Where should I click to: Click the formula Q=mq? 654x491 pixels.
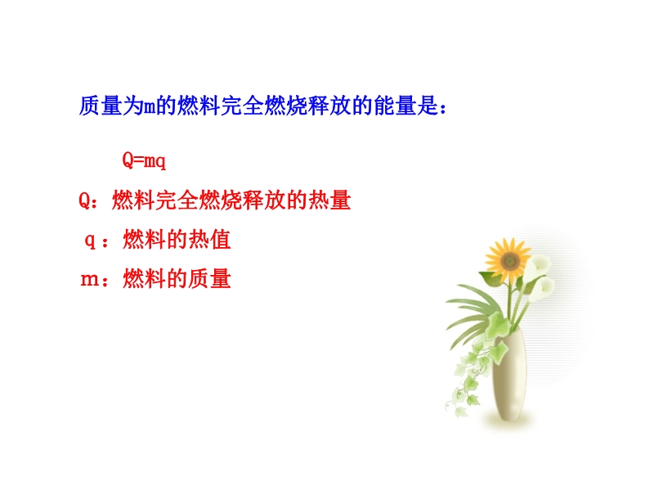tap(144, 160)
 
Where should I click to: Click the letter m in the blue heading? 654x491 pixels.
tap(150, 108)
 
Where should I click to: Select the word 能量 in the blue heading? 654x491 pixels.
tap(395, 106)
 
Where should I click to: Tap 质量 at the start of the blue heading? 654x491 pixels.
tap(100, 106)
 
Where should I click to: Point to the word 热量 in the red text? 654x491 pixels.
tap(329, 200)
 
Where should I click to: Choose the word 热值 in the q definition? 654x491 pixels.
tap(210, 240)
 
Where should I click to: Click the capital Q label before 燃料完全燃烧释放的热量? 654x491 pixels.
tap(84, 200)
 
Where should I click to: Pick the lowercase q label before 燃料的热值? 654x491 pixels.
tap(90, 241)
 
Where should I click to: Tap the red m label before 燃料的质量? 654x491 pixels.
tap(89, 280)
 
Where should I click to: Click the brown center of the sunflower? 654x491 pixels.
tap(509, 262)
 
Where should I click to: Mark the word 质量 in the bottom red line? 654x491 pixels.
tap(210, 279)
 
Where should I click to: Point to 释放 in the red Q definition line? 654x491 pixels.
tap(264, 200)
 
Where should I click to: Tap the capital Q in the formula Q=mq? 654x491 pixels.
tap(128, 160)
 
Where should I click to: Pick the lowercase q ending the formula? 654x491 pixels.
tap(160, 162)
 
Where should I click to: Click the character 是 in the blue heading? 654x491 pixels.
tap(428, 106)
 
